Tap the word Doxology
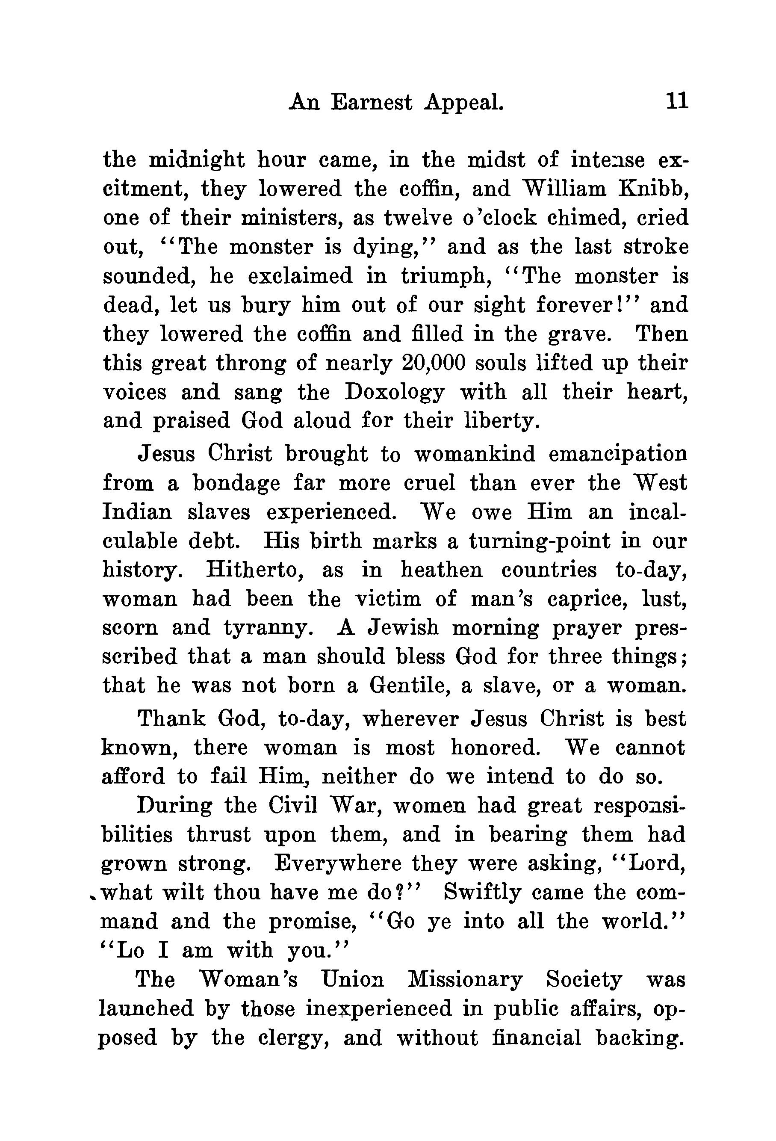395,392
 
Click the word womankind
475,454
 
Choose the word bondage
236,484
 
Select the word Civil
293,805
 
